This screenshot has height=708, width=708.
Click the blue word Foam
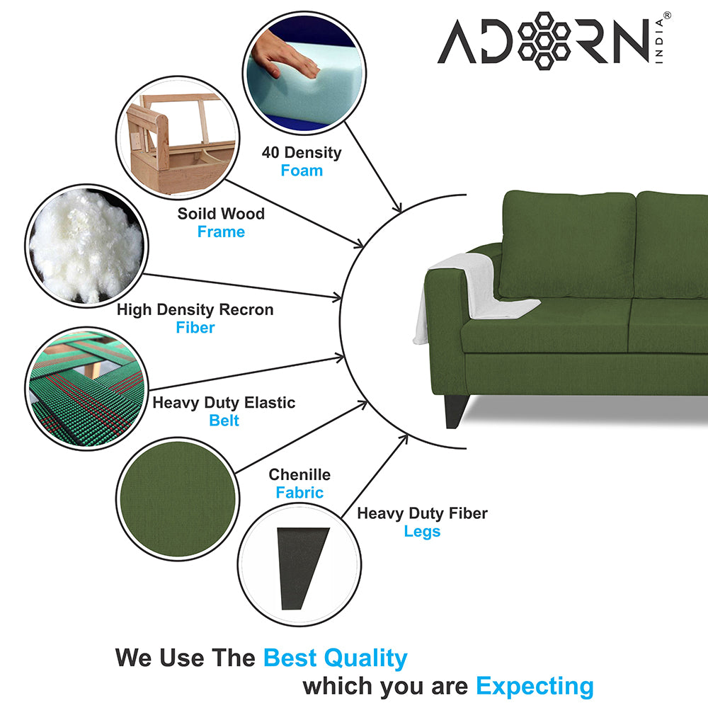pyautogui.click(x=302, y=171)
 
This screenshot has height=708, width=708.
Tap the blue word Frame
pyautogui.click(x=221, y=232)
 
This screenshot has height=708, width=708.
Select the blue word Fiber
pyautogui.click(x=195, y=328)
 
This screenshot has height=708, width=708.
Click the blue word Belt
pyautogui.click(x=224, y=421)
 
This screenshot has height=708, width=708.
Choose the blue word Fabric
pyautogui.click(x=299, y=493)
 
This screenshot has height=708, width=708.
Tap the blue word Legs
pyautogui.click(x=422, y=531)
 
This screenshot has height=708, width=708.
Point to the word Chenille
pyautogui.click(x=299, y=474)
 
